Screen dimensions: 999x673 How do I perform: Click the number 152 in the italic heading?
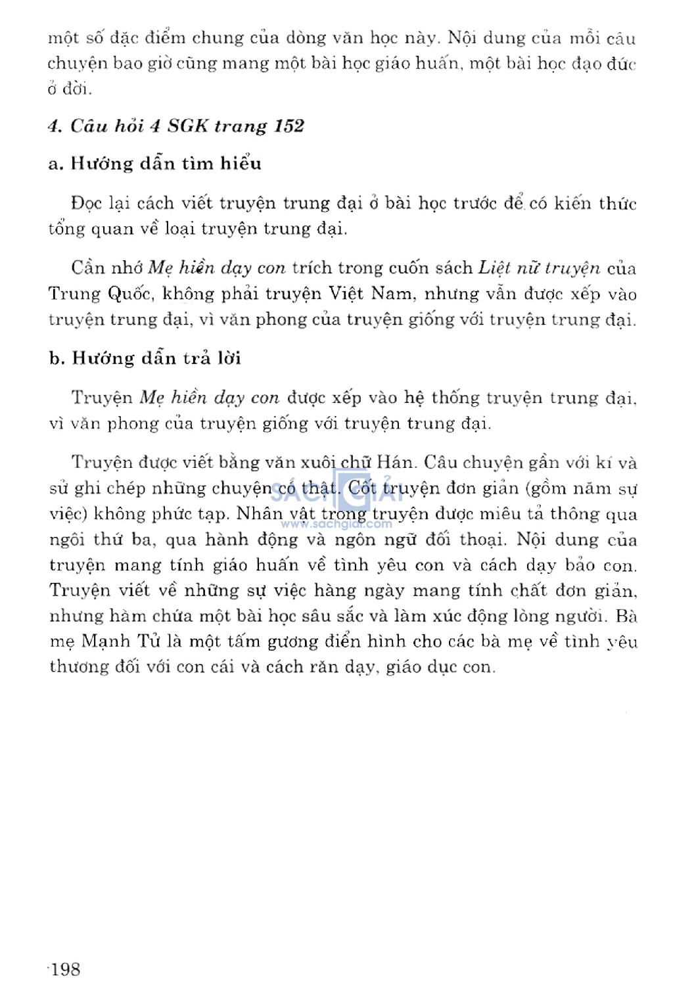289,126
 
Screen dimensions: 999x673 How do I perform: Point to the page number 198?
65,969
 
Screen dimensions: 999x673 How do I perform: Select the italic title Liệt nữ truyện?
539,268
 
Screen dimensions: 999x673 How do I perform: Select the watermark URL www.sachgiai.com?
336,524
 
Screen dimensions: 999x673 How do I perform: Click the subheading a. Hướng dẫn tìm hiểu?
155,164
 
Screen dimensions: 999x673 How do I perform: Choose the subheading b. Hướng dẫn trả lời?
145,358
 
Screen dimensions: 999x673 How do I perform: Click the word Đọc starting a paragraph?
86,203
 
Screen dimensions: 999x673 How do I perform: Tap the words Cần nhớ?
107,268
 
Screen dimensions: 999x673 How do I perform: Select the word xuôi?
318,462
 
